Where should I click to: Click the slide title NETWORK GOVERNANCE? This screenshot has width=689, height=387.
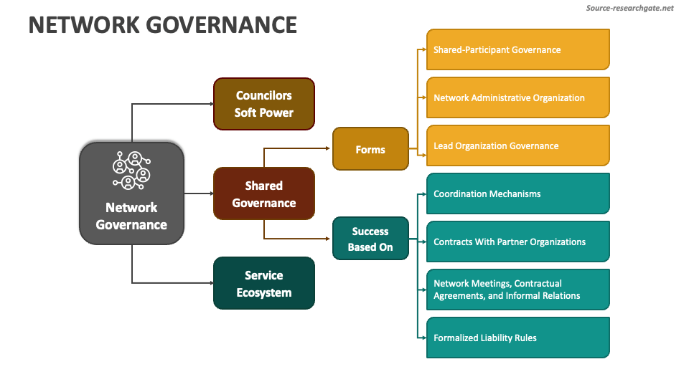(162, 25)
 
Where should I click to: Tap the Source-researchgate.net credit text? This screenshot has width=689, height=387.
(629, 8)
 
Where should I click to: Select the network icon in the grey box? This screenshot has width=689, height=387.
(131, 171)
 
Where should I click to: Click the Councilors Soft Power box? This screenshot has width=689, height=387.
(263, 104)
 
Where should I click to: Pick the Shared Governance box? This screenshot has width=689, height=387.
(263, 193)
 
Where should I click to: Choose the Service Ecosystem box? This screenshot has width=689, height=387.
(263, 283)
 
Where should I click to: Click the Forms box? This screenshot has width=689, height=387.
(370, 149)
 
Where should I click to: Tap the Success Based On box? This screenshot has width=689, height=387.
(370, 239)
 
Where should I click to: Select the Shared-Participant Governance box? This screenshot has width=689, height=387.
(517, 49)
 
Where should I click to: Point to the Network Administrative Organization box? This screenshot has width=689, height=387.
(517, 97)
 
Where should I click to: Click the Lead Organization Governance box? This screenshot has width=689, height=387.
(517, 145)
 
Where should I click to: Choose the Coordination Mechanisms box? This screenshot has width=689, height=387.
(517, 193)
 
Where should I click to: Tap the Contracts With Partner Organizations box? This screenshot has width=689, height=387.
(517, 242)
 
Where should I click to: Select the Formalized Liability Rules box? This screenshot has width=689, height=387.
(517, 338)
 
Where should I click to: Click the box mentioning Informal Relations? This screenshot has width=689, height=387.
(517, 290)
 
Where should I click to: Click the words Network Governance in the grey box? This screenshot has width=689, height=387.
(131, 216)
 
